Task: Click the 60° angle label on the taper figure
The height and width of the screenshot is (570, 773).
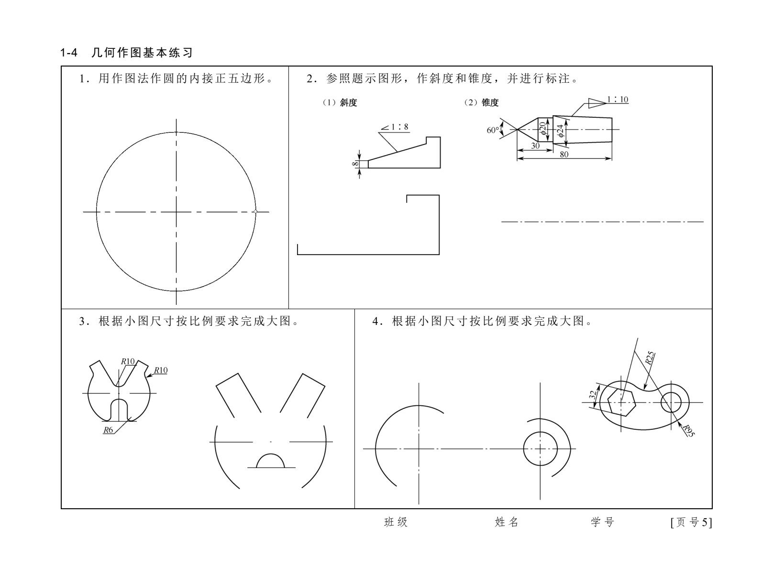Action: (x=493, y=130)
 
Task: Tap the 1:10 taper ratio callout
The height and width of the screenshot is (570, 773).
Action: (x=618, y=100)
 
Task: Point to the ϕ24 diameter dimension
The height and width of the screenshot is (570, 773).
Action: (x=560, y=131)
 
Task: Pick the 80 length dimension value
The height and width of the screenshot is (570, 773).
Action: (x=564, y=154)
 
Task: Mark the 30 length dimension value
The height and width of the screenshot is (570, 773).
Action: (x=535, y=145)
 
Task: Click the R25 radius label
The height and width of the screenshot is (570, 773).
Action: (x=651, y=358)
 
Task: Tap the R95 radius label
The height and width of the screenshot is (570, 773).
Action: (x=689, y=431)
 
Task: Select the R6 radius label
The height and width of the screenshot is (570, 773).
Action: (x=108, y=430)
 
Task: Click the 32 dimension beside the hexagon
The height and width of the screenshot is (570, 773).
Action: (x=593, y=395)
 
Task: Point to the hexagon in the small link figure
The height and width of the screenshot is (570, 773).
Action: (x=621, y=403)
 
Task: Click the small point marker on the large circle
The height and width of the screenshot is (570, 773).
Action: (x=255, y=212)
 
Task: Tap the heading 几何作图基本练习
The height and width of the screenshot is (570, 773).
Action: (x=142, y=53)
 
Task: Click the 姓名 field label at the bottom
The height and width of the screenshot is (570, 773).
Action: (x=507, y=522)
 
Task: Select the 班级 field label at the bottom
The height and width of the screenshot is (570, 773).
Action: (x=396, y=522)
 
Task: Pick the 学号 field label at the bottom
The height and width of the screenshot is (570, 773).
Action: (x=603, y=522)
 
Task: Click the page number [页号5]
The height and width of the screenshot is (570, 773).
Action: (x=691, y=522)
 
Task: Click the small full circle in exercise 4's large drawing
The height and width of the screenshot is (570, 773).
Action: (x=540, y=449)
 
